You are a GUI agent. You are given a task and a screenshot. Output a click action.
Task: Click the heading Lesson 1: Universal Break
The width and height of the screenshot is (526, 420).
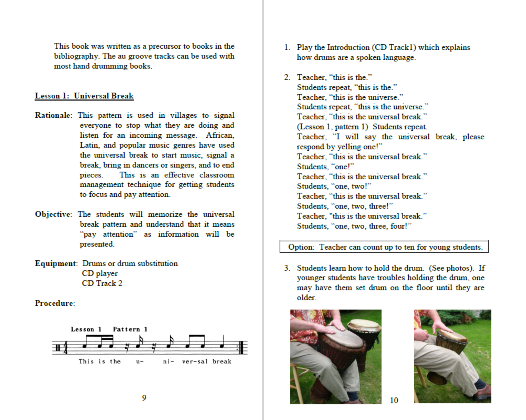tap(84, 96)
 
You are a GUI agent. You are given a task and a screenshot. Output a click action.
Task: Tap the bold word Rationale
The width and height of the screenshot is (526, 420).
tap(53, 115)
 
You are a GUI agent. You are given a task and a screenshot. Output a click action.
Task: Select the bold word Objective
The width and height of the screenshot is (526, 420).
tap(53, 214)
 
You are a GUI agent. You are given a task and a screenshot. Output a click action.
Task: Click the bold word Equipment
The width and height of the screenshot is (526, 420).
tap(55, 264)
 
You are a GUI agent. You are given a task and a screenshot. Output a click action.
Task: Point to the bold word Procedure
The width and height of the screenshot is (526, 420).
tap(54, 303)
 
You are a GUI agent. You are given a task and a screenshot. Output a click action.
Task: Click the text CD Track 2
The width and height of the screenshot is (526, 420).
tap(102, 283)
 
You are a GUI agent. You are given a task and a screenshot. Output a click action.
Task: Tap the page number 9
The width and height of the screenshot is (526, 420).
tap(144, 398)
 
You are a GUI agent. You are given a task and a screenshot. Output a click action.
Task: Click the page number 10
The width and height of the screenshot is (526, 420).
tap(394, 400)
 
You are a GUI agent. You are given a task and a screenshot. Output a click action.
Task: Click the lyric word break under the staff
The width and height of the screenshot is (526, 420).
tap(222, 362)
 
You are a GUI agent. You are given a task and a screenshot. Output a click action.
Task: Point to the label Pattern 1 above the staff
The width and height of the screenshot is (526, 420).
tap(130, 329)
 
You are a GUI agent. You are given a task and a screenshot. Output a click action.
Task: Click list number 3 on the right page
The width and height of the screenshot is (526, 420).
tap(287, 268)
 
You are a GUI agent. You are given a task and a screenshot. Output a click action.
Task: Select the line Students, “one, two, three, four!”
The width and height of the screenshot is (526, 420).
tap(354, 226)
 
